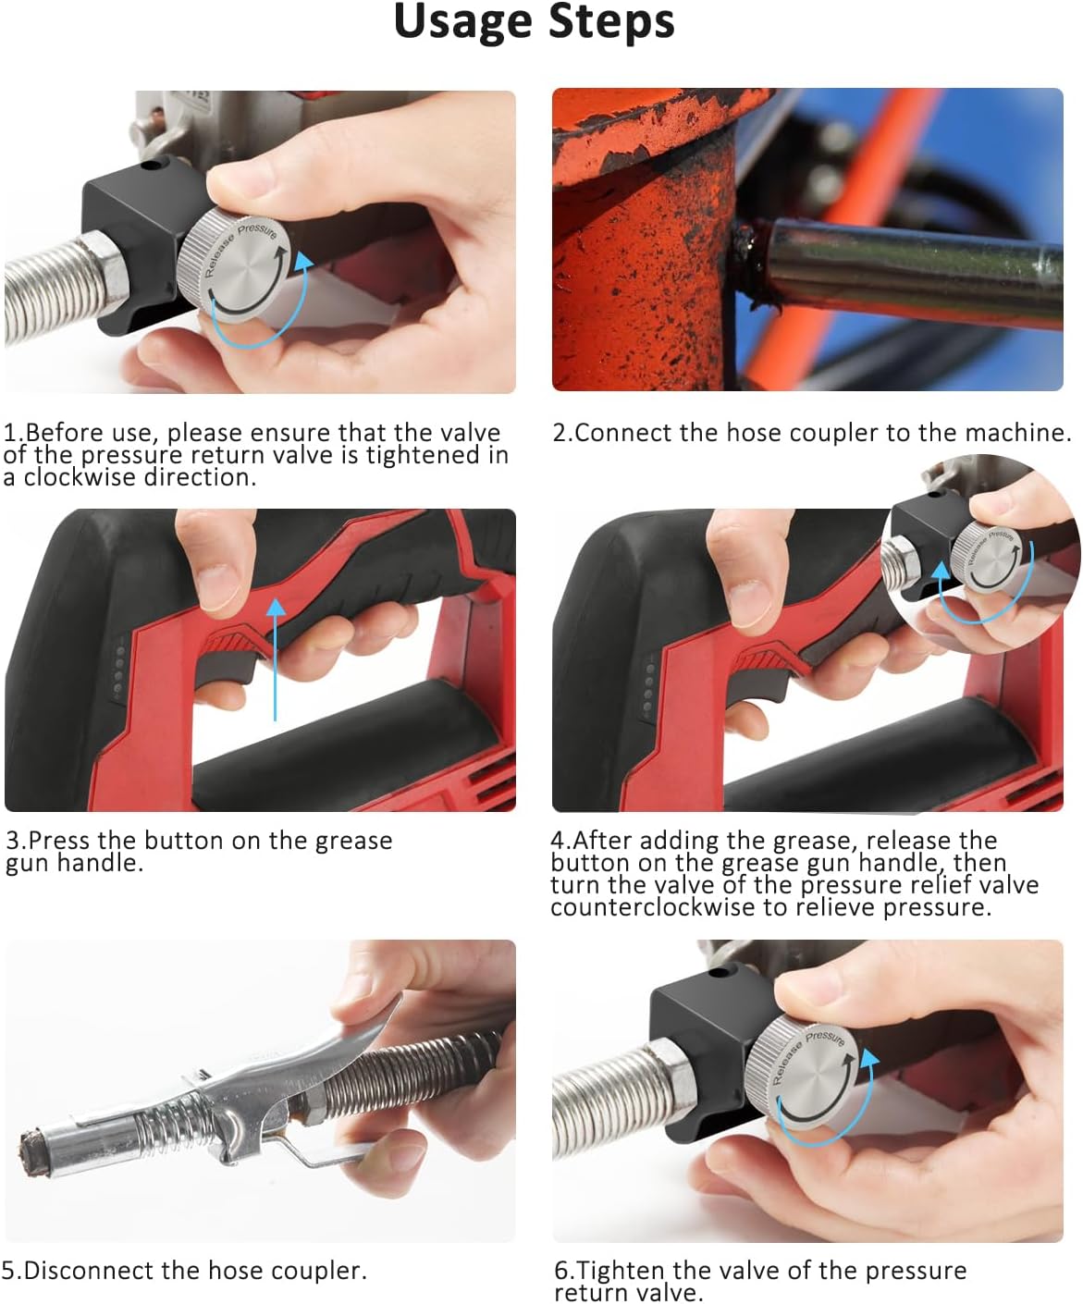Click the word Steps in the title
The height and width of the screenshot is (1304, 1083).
click(612, 22)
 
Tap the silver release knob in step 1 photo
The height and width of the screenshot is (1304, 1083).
click(234, 264)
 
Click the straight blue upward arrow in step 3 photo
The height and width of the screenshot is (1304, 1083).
click(275, 658)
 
